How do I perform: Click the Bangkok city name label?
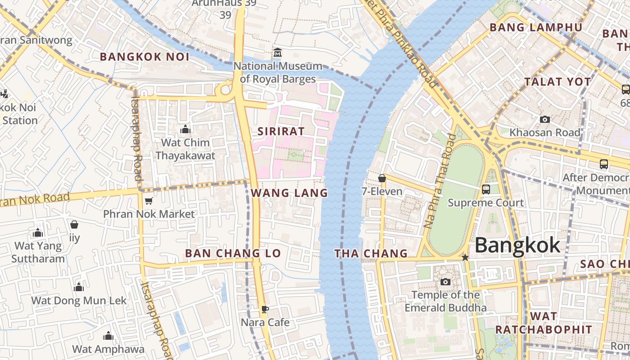[517, 245]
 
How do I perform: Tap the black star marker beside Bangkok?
[465, 257]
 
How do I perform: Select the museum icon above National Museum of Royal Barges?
[278, 53]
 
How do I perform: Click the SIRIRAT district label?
[281, 131]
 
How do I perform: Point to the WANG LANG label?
[289, 193]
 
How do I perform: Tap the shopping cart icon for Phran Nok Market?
[148, 201]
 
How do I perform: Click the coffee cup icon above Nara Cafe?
[265, 309]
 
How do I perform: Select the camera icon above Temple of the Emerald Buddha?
[445, 282]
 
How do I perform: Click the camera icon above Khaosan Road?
[544, 119]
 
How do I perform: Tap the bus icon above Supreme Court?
[486, 189]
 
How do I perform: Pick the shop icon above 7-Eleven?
[382, 178]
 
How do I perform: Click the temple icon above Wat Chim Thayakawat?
[185, 130]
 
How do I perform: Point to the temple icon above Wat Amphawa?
[108, 336]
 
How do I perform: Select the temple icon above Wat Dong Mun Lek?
[79, 287]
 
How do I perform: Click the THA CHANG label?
[371, 254]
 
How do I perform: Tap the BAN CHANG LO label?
[233, 253]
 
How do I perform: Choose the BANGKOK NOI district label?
[144, 57]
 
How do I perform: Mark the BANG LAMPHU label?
[535, 27]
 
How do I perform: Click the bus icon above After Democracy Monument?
[604, 164]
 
